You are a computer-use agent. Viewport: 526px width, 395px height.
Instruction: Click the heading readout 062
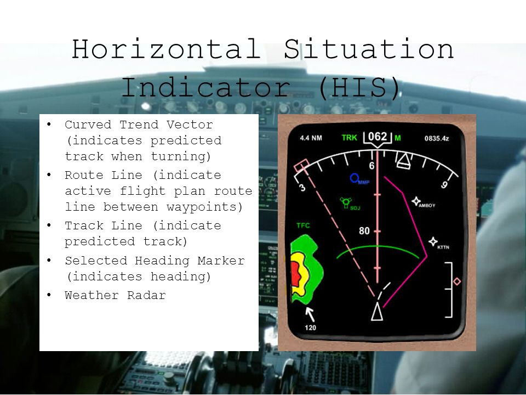coord(377,136)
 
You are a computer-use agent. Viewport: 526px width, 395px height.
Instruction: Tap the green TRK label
coord(349,138)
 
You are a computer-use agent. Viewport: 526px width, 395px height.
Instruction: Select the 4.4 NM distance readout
coord(311,138)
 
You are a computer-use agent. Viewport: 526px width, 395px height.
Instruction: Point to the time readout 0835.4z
coord(437,138)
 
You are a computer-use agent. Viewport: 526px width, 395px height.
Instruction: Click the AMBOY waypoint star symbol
coord(416,201)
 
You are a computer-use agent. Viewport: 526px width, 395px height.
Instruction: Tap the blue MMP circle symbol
coord(355,178)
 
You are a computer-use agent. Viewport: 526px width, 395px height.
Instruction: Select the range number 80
coord(364,231)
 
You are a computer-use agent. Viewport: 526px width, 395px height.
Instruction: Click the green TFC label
coord(303,225)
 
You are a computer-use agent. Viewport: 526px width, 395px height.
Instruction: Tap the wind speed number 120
coord(311,328)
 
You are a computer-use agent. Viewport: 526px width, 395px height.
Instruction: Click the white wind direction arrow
coord(310,314)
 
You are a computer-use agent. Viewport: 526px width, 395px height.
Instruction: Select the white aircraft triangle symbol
coord(377,311)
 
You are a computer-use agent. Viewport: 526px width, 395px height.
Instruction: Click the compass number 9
coord(444,185)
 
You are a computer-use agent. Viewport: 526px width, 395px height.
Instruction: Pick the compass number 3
coord(301,188)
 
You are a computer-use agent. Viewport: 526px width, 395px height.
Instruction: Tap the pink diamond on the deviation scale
coord(457,281)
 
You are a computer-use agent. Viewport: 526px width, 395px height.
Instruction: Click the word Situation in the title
coord(368,50)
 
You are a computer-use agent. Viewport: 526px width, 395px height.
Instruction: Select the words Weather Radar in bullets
coord(115,295)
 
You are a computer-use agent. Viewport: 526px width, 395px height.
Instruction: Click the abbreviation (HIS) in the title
coord(358,88)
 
